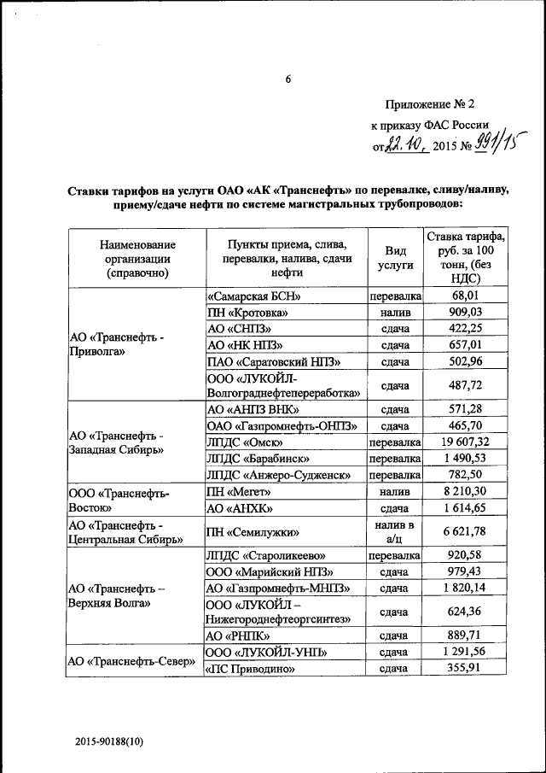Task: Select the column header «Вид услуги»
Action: [x=395, y=257]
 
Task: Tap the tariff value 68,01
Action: [x=466, y=296]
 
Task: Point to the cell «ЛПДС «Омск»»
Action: [x=245, y=442]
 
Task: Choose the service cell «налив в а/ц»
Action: [x=395, y=531]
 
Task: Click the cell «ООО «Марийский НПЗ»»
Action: [x=270, y=571]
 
